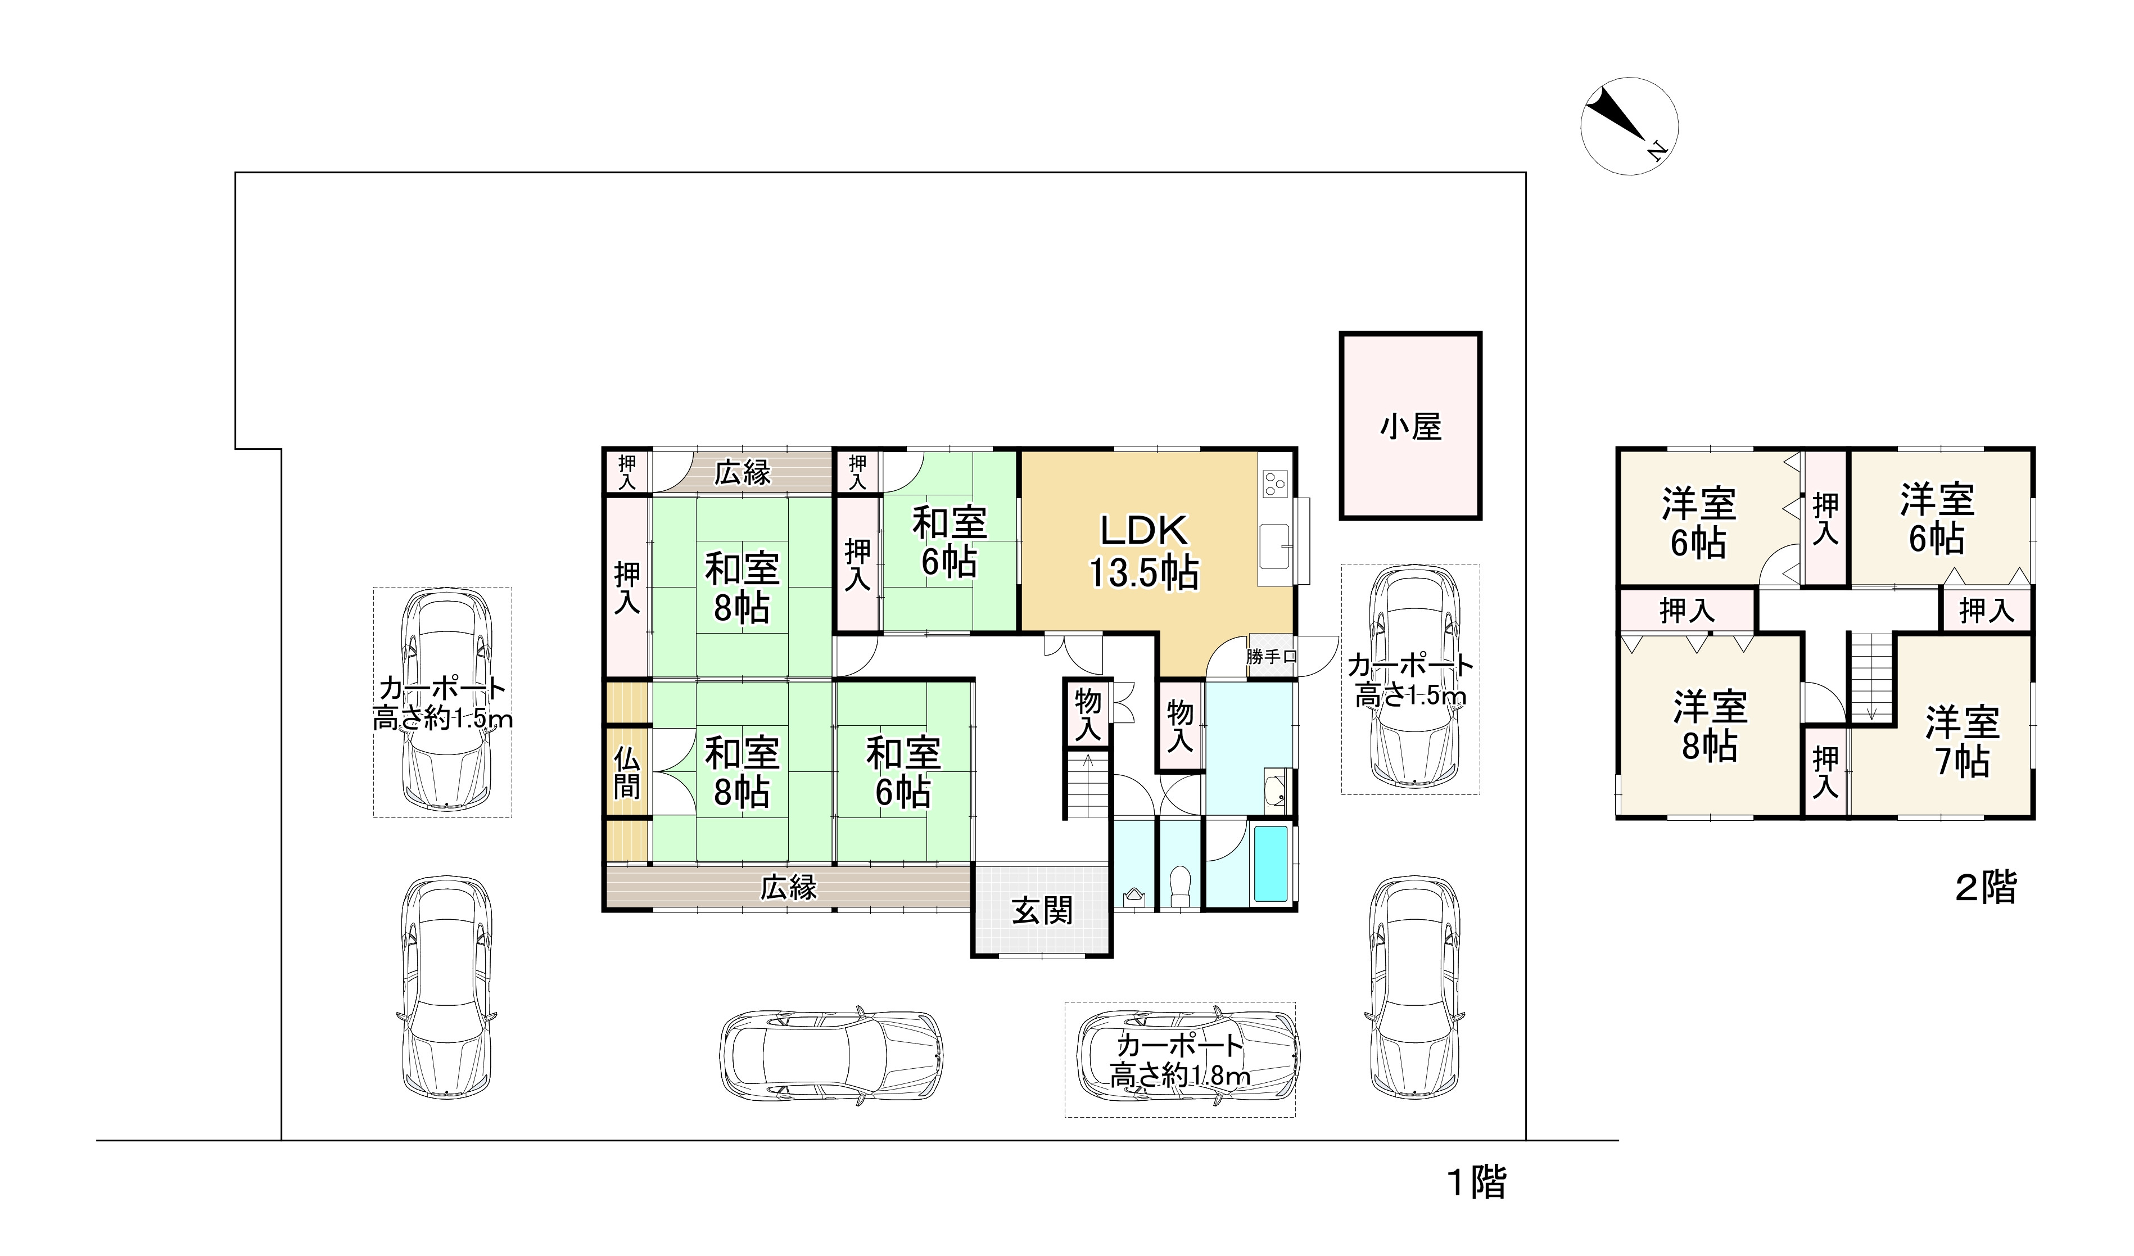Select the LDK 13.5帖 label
pos(1143,552)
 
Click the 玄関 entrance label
pos(1042,911)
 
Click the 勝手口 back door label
pos(1271,656)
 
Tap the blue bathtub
pos(1271,865)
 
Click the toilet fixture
pos(1179,886)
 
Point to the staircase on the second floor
pos(1871,677)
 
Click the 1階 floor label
pos(1478,1183)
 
